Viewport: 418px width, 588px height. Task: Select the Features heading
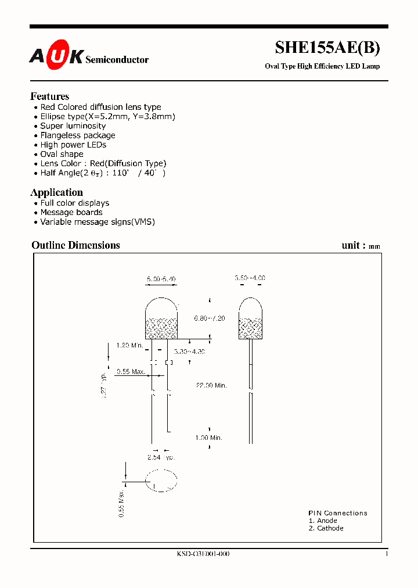(x=50, y=96)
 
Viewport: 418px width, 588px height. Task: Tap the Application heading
(x=57, y=192)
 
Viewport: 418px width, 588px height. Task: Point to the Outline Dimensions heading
(x=75, y=245)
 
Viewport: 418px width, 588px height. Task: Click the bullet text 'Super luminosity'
(x=73, y=126)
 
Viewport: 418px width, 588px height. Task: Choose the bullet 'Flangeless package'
(x=78, y=135)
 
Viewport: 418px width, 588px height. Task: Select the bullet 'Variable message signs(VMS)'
(x=98, y=222)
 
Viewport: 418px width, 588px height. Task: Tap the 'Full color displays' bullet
(x=75, y=203)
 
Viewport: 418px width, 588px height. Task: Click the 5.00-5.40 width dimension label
(x=161, y=279)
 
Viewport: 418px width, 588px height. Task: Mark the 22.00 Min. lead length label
(x=212, y=385)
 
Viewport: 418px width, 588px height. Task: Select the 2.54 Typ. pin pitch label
(x=161, y=458)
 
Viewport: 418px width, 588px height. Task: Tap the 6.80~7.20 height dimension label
(x=209, y=318)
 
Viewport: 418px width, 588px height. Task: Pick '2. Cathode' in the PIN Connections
(x=326, y=528)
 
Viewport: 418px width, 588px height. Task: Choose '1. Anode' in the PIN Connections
(x=323, y=521)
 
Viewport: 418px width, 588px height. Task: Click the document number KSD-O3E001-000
(x=203, y=554)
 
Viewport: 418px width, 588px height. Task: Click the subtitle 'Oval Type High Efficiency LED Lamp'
(x=322, y=66)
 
